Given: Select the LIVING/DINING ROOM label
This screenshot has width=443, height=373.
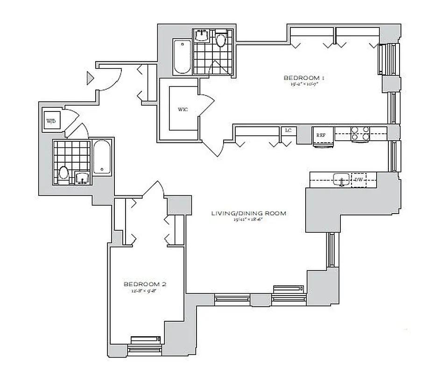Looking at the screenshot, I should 248,214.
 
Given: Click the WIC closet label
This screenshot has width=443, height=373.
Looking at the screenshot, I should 183,110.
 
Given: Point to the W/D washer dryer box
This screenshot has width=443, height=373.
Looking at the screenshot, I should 50,120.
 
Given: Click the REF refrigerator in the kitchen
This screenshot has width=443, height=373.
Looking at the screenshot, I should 321,136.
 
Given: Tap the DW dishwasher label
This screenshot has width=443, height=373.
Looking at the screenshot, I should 359,180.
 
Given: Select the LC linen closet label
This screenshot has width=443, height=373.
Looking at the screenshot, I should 288,131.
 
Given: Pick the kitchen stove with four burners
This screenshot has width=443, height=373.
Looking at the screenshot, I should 360,134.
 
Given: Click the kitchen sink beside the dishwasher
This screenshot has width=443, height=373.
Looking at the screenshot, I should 341,180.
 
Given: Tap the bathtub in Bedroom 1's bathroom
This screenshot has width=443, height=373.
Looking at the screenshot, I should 182,57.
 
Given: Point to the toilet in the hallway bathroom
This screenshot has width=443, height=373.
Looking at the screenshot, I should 64,174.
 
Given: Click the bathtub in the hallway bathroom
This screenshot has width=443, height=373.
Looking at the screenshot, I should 101,157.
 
